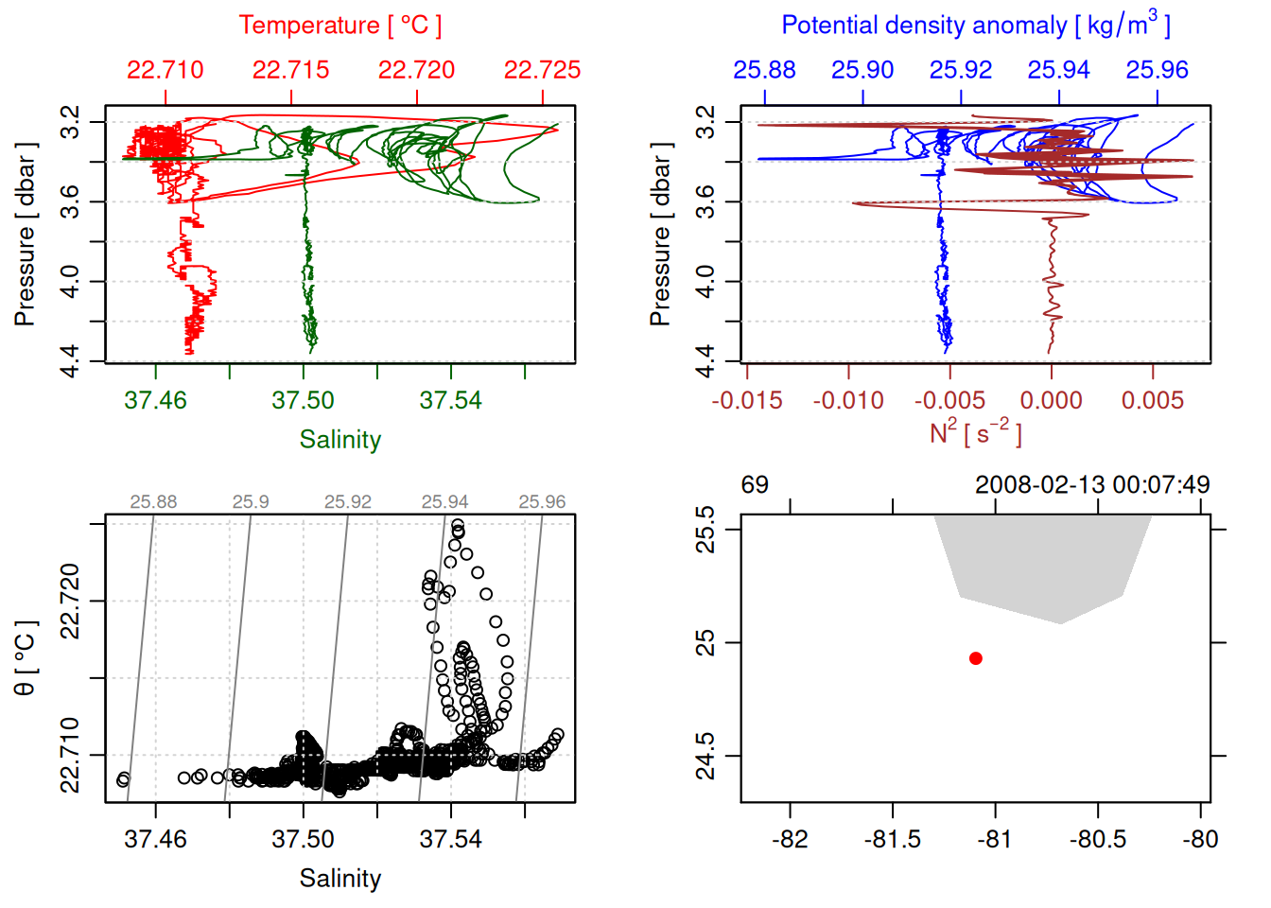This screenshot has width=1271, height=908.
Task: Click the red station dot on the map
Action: point(976,658)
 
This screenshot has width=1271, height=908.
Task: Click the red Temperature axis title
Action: point(340,26)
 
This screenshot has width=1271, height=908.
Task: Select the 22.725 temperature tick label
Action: point(542,70)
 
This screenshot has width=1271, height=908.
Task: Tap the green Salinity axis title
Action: point(340,440)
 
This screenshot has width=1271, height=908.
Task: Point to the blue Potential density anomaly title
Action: point(975,26)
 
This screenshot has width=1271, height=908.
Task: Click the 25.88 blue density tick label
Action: point(764,70)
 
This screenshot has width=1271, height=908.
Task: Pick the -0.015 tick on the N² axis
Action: point(747,401)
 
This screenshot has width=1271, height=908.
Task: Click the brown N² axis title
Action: point(975,433)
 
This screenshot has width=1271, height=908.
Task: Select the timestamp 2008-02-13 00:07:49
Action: point(1092,485)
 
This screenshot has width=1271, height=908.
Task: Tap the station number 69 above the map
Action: point(755,485)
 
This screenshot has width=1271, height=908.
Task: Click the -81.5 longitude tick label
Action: point(892,840)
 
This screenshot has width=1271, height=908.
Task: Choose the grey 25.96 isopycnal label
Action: point(542,502)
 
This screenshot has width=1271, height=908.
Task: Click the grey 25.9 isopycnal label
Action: point(251,502)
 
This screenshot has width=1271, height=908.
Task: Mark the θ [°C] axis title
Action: point(26,658)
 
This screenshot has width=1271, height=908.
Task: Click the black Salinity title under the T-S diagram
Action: point(340,879)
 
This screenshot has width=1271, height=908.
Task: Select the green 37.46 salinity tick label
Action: point(156,401)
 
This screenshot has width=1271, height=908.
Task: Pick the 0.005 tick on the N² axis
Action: point(1153,401)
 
